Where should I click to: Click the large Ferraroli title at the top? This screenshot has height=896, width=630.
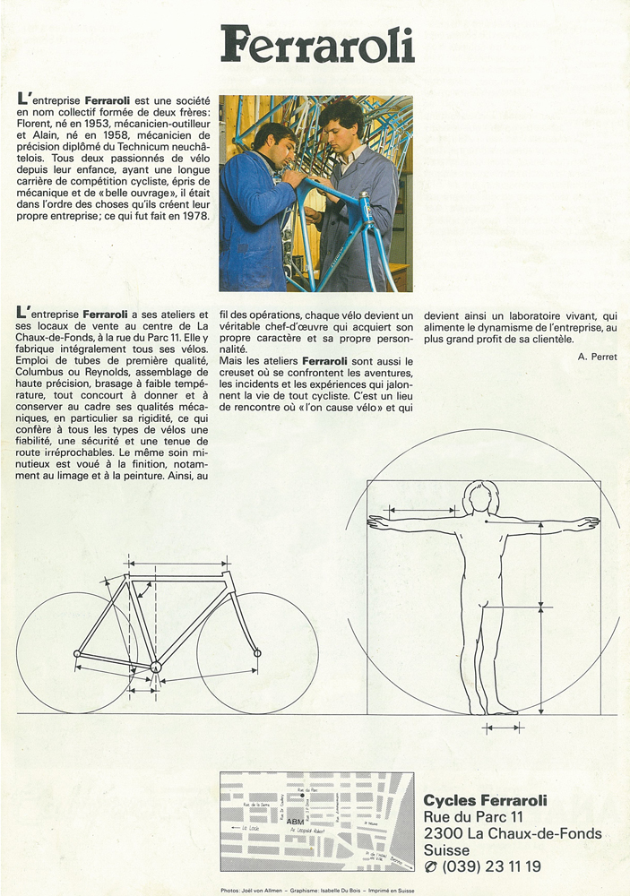318,45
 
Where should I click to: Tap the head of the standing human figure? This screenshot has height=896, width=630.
480,496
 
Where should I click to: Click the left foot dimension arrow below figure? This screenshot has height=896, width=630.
503,728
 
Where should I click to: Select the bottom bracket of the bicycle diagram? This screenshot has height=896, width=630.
155,666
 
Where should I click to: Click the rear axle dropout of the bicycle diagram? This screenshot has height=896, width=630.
76,653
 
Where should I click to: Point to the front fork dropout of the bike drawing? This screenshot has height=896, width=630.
257,652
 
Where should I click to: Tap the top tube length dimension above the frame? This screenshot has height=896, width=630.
177,562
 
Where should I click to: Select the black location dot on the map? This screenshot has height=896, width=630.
303,796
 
